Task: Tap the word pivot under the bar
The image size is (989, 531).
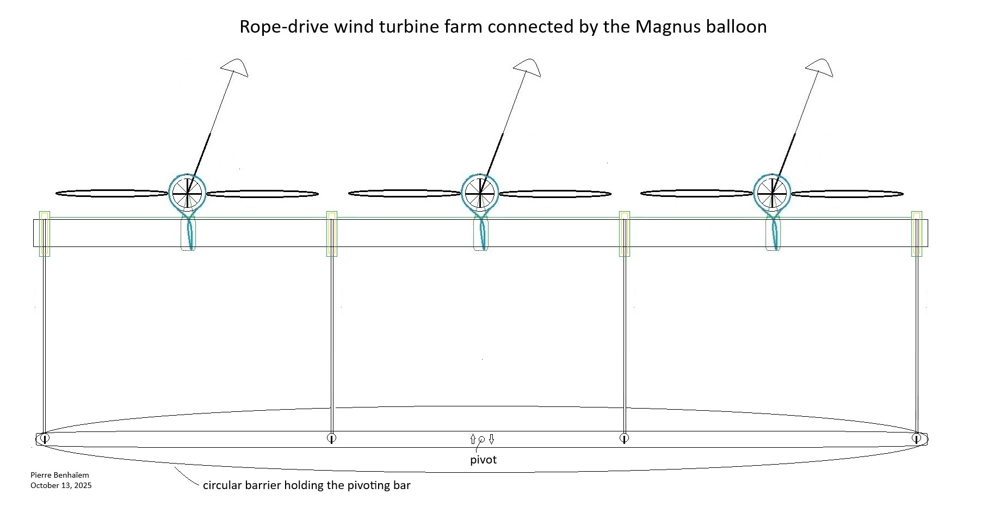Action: (483, 460)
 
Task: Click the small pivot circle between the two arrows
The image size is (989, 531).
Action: (481, 439)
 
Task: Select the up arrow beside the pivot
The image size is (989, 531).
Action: (473, 439)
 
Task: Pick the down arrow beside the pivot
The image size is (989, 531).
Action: (491, 439)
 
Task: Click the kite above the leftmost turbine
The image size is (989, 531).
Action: (235, 67)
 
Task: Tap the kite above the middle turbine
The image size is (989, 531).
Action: (527, 67)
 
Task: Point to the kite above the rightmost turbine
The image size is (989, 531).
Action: (820, 67)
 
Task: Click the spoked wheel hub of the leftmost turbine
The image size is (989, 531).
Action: (188, 193)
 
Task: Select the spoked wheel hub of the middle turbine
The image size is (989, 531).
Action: (480, 193)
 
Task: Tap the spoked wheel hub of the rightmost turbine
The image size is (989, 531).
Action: (772, 193)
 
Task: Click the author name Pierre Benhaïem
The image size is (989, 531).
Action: (60, 475)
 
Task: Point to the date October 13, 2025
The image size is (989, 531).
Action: (61, 485)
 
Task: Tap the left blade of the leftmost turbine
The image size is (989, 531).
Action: (112, 194)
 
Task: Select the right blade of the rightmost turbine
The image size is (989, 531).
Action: (847, 194)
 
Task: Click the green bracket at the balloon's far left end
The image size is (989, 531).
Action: (45, 233)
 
